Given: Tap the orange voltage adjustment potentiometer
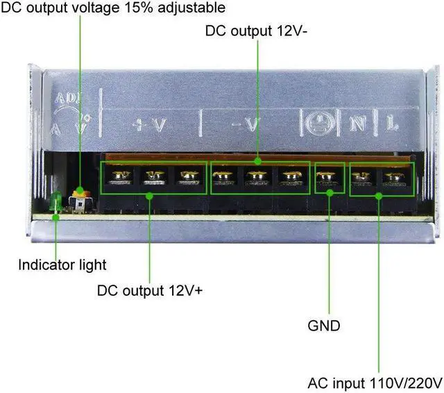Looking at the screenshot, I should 82,191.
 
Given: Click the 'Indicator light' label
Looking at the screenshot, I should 62,264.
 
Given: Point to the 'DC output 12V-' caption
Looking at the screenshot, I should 256,31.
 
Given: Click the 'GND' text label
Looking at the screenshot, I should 324,325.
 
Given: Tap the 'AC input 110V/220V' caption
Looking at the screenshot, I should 375,383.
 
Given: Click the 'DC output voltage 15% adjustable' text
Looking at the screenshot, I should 113,8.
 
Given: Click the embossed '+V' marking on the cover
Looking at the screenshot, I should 150,125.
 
